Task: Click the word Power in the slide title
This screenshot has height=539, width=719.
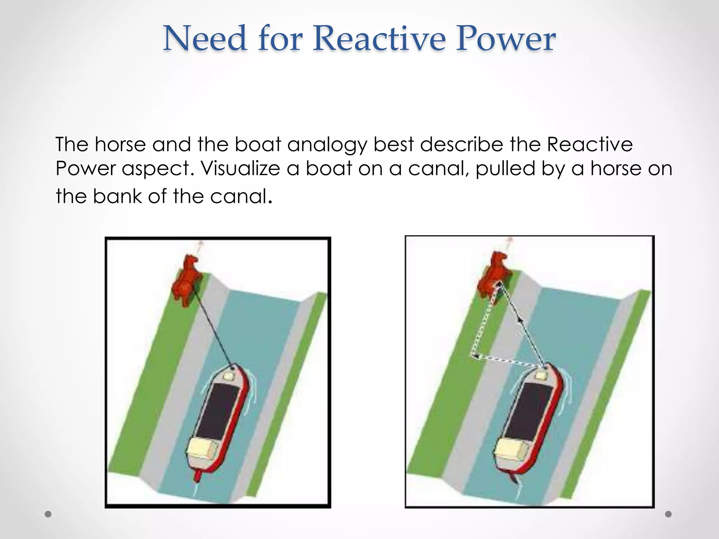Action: click(x=506, y=39)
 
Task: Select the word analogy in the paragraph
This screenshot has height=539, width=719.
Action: click(x=327, y=145)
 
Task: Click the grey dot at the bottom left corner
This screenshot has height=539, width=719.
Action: click(x=48, y=514)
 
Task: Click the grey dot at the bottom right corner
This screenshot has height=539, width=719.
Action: click(x=668, y=514)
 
